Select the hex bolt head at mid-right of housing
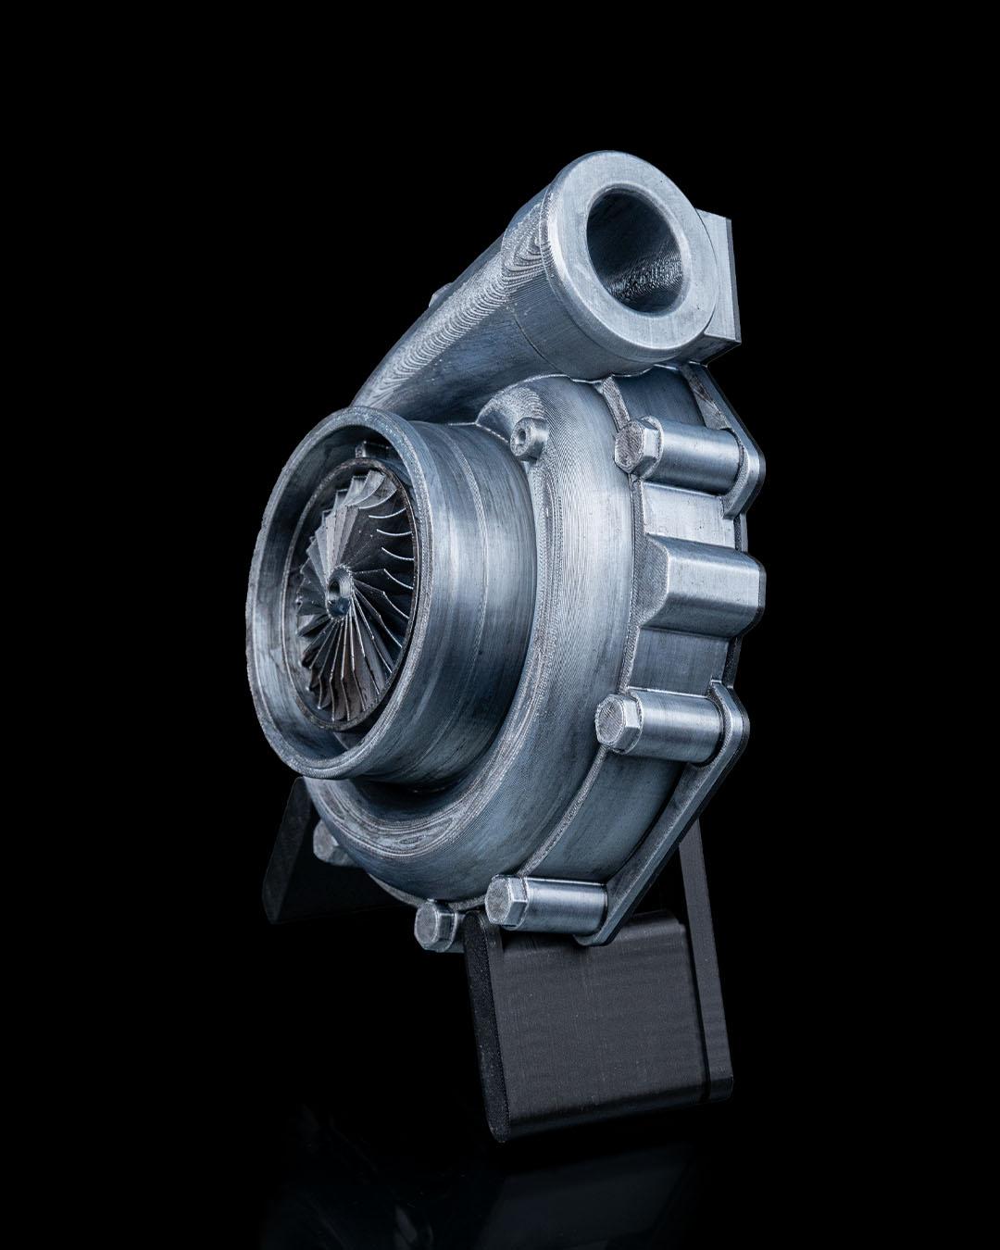click(619, 721)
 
